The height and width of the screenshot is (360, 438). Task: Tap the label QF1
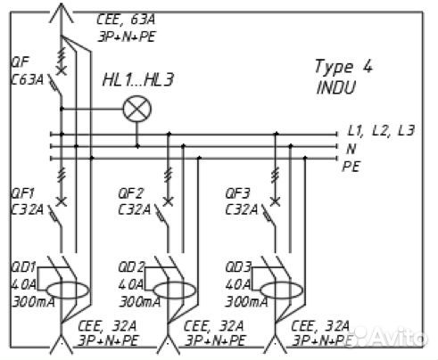pos(22,193)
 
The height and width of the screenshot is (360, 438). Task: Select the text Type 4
pos(343,67)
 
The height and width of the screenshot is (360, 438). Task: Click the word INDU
pos(336,87)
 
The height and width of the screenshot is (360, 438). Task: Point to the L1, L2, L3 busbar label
pos(381,131)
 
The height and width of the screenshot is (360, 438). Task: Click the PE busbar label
pos(351,167)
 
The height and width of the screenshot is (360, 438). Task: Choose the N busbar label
pos(351,149)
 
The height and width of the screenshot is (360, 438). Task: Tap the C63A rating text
pos(28,79)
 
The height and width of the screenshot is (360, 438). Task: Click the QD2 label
pos(131,267)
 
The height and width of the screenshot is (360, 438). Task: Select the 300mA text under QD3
pos(247,302)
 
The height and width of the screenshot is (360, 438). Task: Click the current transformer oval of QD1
pos(68,290)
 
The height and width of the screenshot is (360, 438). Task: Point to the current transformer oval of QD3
pos(282,290)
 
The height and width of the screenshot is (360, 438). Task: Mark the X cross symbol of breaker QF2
pos(169,201)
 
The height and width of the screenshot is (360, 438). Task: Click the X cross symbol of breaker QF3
pos(276,201)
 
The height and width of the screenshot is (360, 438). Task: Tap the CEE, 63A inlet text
pos(126,20)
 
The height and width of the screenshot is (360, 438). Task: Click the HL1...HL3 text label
pos(138,80)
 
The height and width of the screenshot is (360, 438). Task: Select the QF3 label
pos(238,193)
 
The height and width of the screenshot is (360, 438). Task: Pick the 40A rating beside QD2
pos(131,285)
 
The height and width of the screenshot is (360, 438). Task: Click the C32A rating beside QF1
pos(28,210)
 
